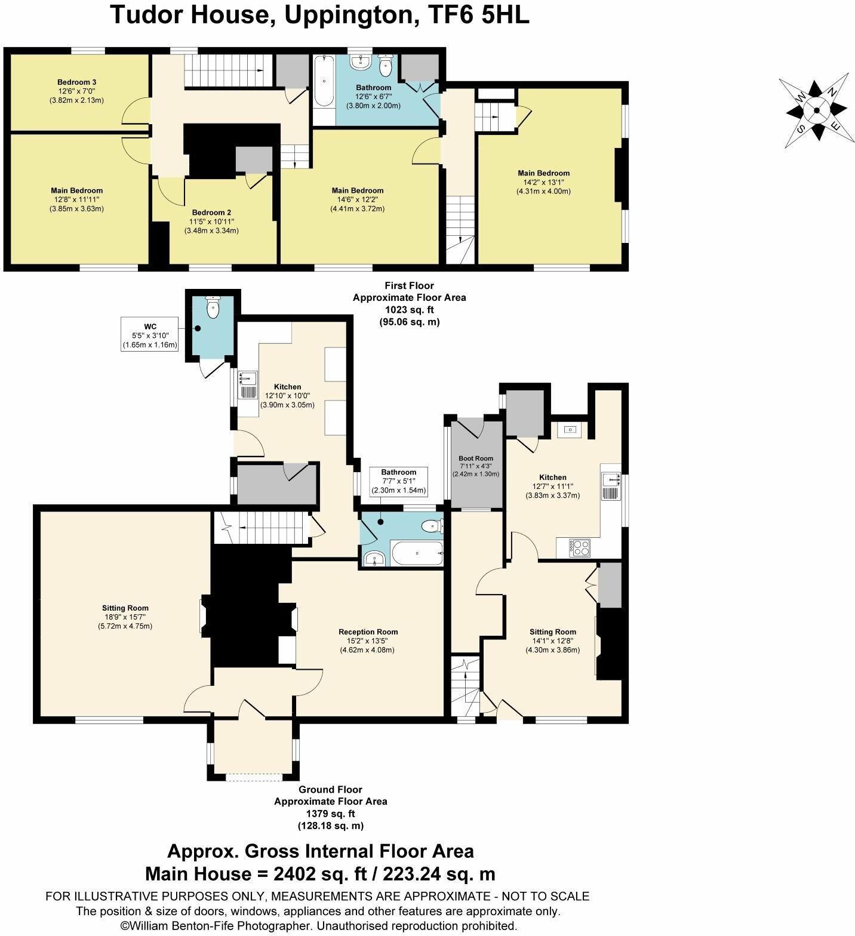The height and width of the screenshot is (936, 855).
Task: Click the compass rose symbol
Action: [816, 110]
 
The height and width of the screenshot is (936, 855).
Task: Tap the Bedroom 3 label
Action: [77, 82]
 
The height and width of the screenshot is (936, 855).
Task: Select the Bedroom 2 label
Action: [211, 213]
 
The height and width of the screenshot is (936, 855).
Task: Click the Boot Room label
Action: [476, 458]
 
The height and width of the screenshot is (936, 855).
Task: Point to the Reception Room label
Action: [368, 632]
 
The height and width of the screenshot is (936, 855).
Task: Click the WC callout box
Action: [150, 335]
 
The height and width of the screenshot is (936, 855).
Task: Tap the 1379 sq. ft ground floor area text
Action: [330, 813]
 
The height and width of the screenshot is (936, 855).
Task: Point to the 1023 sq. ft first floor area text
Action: [409, 310]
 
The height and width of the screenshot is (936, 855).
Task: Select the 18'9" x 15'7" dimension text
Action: [125, 617]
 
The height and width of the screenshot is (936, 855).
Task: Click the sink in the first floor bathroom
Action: [361, 61]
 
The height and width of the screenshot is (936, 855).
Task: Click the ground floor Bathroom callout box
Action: [398, 482]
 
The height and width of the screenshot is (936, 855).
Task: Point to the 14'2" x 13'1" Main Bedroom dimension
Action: [543, 183]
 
